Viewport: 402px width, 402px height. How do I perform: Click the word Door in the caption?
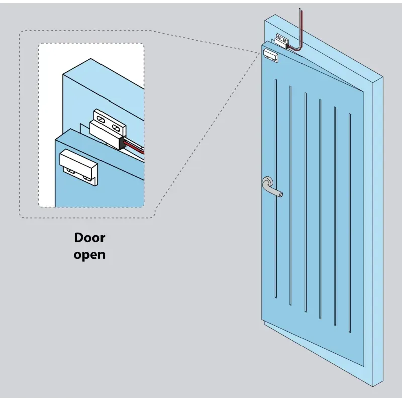(90, 237)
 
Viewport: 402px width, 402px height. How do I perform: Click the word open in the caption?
(89, 254)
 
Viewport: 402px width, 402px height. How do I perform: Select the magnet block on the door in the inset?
(78, 163)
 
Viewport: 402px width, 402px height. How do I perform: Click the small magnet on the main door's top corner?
(270, 55)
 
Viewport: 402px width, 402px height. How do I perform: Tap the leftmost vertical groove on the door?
(276, 188)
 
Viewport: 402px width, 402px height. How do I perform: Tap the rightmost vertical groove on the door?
(350, 221)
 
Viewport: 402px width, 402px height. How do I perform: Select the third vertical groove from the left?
(306, 201)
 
